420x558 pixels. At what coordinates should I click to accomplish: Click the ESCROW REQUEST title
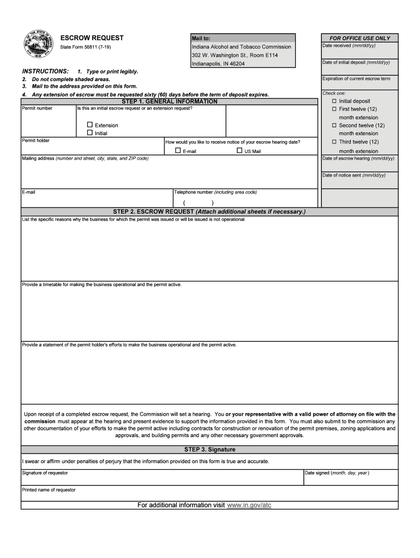coord(92,38)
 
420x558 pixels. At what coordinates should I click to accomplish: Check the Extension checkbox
coord(91,125)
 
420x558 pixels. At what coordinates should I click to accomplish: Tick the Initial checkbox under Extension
coord(91,133)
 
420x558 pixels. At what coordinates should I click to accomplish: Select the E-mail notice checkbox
coord(178,151)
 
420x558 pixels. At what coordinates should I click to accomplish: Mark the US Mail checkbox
coord(239,151)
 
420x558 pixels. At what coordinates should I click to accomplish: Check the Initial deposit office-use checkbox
coord(334,101)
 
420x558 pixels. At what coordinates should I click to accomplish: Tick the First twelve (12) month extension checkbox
coord(334,110)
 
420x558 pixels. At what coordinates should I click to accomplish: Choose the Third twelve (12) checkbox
coord(334,142)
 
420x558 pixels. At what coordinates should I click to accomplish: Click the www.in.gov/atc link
coord(249,505)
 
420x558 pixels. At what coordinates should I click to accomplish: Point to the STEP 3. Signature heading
coord(210,450)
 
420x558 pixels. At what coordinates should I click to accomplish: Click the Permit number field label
coord(37,108)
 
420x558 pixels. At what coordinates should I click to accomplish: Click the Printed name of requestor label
coord(49,490)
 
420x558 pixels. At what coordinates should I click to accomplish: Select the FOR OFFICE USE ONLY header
coord(359,38)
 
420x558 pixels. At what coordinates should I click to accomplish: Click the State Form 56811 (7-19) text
coord(83,47)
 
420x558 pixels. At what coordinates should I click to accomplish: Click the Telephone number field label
coord(215,192)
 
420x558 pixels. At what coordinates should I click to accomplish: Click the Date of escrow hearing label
coord(358,159)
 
